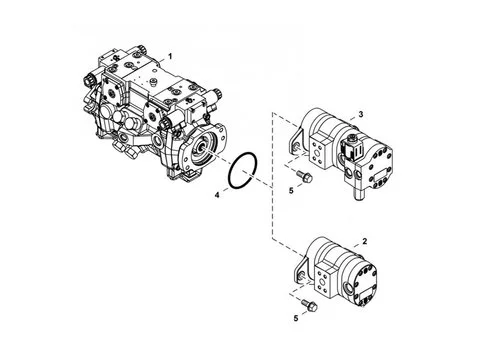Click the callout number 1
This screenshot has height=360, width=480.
click(x=170, y=56)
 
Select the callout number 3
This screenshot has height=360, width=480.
click(x=361, y=114)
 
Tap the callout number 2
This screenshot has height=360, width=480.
click(x=364, y=241)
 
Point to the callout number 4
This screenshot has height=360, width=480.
click(x=217, y=195)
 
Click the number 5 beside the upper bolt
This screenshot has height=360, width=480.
click(x=291, y=191)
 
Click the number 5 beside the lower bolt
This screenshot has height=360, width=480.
click(x=296, y=318)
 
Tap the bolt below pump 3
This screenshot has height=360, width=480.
click(x=304, y=176)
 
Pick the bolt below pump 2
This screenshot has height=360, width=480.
click(x=309, y=305)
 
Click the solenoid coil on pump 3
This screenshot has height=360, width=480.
click(x=353, y=147)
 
